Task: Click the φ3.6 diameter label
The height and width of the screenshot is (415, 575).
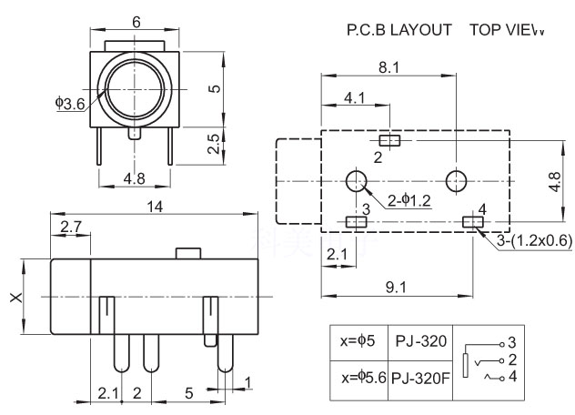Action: point(70,104)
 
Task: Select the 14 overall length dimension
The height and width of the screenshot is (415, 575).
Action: point(155,207)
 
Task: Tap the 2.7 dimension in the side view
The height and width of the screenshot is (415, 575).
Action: point(69,226)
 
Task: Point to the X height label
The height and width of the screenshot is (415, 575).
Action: point(15,298)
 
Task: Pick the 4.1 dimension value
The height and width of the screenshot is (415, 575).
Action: point(355,96)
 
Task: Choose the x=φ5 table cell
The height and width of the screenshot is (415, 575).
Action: point(358,342)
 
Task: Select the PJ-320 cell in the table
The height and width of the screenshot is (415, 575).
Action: point(420,342)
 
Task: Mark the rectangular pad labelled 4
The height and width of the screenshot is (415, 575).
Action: point(473,221)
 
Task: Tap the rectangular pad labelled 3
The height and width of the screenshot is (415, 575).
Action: point(356,221)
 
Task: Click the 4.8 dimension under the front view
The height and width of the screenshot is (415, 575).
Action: point(134,178)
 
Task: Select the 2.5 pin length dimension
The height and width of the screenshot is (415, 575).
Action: point(212,144)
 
